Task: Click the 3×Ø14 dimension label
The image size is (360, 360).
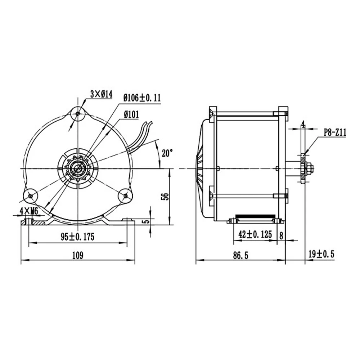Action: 101,94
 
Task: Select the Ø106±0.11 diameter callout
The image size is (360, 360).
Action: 142,98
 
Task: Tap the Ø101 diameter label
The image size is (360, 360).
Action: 131,114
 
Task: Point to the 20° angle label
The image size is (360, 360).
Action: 167,153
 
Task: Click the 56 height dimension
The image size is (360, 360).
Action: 165,197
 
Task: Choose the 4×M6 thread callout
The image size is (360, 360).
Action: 29,211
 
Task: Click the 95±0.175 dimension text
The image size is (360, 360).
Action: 78,237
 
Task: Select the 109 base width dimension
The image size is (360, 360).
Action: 78,255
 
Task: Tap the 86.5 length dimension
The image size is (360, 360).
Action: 240,255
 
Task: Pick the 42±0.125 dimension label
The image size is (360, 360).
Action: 255,234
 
